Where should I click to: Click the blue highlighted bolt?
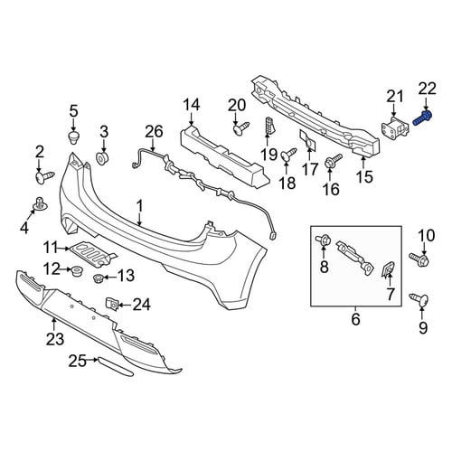coord(422,118)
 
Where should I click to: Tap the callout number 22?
coord(427,89)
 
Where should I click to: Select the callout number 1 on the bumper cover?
coord(139,206)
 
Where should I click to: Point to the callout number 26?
coord(154,132)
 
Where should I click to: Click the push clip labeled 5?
coord(74,137)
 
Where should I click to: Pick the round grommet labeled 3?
coord(102,158)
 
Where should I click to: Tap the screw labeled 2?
coord(44,176)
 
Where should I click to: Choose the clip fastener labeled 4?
coord(39,203)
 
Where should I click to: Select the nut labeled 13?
coord(99,278)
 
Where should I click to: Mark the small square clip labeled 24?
coord(111,304)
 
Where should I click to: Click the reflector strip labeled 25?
coord(115,366)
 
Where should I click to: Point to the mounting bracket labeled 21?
coord(395,129)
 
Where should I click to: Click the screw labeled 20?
coord(242,127)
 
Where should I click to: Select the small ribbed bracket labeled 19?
coord(269,126)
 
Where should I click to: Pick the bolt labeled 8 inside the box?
coord(323,240)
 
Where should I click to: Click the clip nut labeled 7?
coord(390,268)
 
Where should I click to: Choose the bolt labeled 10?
coord(419,259)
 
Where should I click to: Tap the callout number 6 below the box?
coord(355,319)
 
